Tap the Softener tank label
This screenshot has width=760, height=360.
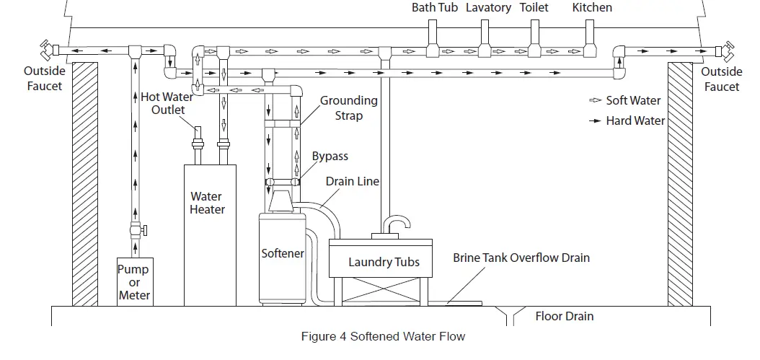tap(282, 254)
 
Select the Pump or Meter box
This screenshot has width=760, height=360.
tap(134, 281)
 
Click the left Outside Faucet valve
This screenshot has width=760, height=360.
tap(48, 51)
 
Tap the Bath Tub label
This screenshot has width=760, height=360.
tap(435, 7)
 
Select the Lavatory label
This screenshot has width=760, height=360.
tap(488, 7)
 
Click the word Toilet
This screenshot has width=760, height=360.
tap(534, 7)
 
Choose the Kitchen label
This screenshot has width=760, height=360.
tap(592, 7)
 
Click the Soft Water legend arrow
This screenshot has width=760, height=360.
tap(596, 101)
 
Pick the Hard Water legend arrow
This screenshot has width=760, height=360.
tap(596, 120)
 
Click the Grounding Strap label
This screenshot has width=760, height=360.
tap(348, 107)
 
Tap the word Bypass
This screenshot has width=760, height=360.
tap(330, 157)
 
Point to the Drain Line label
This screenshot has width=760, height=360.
tap(353, 181)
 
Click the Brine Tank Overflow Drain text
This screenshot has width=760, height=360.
tap(521, 258)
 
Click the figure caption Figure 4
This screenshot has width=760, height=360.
tap(382, 336)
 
